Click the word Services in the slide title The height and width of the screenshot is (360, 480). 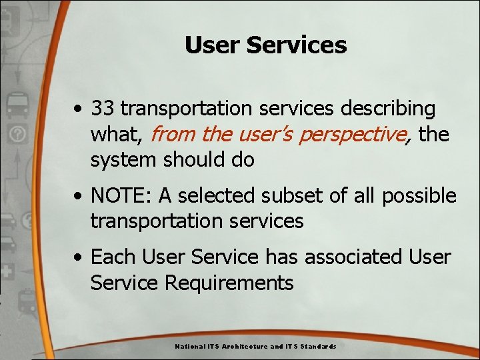(297, 45)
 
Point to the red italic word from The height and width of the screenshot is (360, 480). (173, 135)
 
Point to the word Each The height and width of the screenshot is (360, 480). (111, 257)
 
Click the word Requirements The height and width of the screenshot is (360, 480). (229, 283)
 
